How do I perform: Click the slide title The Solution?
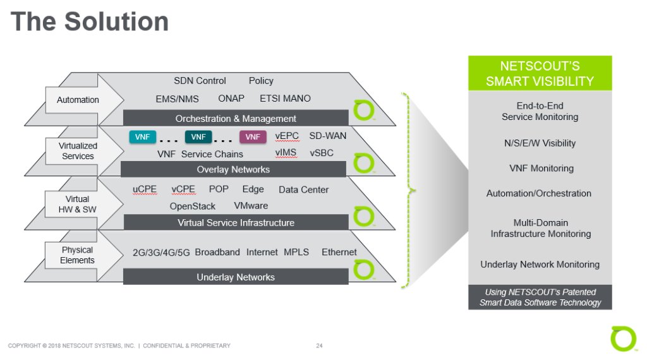90,22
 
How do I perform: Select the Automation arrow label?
78,100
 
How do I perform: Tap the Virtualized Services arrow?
78,151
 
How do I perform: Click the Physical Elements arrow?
78,255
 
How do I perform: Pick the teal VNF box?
143,137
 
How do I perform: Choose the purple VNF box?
253,137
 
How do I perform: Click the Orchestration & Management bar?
236,118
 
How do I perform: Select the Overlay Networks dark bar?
233,169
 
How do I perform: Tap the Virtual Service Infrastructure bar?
236,222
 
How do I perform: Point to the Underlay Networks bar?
236,277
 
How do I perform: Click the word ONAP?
231,99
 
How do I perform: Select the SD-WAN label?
327,136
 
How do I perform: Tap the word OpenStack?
192,207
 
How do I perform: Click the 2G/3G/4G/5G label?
160,253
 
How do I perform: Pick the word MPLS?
296,252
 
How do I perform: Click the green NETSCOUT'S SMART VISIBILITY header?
540,73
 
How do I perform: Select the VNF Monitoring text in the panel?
541,169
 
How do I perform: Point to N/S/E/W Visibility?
540,143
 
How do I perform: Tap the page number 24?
319,345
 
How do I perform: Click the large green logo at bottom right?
623,339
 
